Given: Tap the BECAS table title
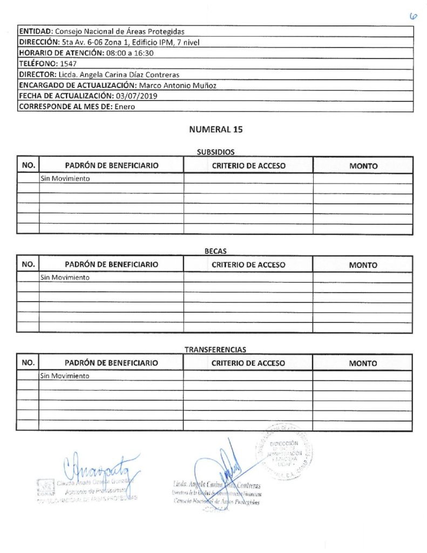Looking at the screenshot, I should pos(215,251).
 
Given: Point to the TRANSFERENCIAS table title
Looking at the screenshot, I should pos(215,350).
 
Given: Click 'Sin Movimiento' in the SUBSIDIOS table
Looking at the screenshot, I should pos(65,179).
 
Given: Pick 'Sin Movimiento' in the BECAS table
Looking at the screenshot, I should pos(65,278).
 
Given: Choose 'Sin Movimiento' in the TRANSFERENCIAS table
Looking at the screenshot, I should pos(65,376).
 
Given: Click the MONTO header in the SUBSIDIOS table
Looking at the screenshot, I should pos(363,166).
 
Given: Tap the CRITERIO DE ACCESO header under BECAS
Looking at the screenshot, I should pos(248,265).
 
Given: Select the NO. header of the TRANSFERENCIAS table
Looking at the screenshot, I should pos(28,363).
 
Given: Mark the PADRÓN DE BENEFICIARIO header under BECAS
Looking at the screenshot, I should pos(111,265).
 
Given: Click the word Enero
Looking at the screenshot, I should pos(125,107).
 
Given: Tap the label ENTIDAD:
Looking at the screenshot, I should pos(36,31).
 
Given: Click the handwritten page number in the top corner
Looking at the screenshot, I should pos(414,17).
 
